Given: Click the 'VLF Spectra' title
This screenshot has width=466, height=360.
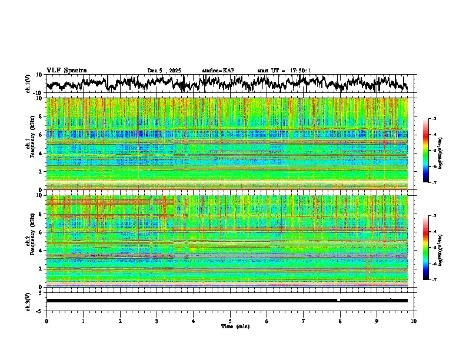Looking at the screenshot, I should pyautogui.click(x=66, y=70).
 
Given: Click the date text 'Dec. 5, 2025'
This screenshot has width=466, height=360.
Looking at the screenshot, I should pyautogui.click(x=164, y=71).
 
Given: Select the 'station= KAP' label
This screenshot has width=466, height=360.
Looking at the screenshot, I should pyautogui.click(x=218, y=71).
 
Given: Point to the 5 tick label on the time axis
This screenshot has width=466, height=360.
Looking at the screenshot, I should pyautogui.click(x=230, y=321).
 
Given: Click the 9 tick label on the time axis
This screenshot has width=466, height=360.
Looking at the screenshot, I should pyautogui.click(x=377, y=321).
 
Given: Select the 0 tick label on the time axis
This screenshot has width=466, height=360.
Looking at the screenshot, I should pyautogui.click(x=46, y=321).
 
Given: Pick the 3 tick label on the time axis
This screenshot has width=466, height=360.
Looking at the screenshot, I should pyautogui.click(x=157, y=321).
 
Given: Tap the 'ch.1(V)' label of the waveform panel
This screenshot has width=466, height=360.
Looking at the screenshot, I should pyautogui.click(x=28, y=84).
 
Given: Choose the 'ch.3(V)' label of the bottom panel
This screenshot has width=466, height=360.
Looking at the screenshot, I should pyautogui.click(x=28, y=301).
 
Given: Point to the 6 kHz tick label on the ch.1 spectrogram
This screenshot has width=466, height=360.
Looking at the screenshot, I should pyautogui.click(x=41, y=135).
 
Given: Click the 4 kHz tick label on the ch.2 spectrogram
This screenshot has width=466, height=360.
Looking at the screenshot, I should pyautogui.click(x=41, y=251).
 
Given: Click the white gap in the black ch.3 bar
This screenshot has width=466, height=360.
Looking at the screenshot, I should pyautogui.click(x=339, y=300).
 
